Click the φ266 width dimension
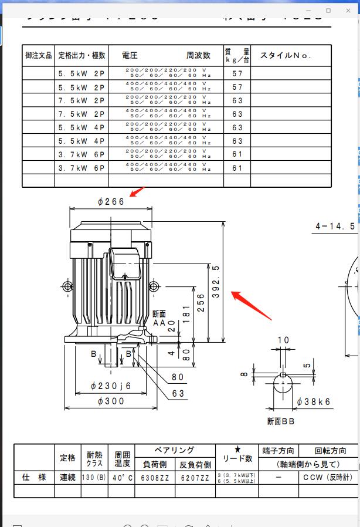[x=111, y=201]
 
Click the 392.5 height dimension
[x=216, y=282]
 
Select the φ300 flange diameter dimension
[x=111, y=401]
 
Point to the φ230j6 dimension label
[x=111, y=386]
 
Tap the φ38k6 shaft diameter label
[x=313, y=402]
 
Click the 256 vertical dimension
[x=201, y=303]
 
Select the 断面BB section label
[x=281, y=421]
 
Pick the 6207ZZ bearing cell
[x=195, y=478]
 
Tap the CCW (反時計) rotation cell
[x=327, y=478]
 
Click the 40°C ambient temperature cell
[x=123, y=478]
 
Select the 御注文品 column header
[x=38, y=56]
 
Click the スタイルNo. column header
[x=286, y=56]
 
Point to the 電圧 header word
[x=130, y=56]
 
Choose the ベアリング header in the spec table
[x=174, y=451]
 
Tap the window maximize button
[x=328, y=11]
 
